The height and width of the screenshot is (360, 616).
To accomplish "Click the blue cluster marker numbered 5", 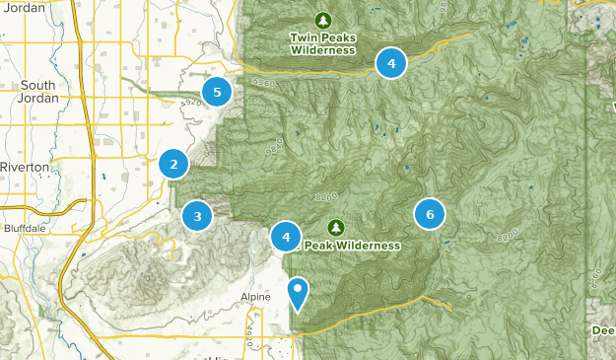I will click(x=217, y=93).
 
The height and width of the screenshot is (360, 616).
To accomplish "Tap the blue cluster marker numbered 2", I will click(x=173, y=165).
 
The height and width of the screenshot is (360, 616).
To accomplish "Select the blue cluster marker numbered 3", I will click(x=197, y=215).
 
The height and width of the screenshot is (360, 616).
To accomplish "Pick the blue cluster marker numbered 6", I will click(x=430, y=214).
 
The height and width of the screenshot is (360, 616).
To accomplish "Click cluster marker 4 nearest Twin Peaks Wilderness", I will click(x=391, y=63).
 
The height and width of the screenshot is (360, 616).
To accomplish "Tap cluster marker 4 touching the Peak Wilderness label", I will click(x=286, y=237).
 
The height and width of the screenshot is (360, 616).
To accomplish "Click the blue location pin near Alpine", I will click(x=298, y=293).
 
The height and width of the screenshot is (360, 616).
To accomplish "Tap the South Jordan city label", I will click(x=38, y=92).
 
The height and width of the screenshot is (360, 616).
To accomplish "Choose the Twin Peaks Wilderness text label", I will click(x=322, y=44).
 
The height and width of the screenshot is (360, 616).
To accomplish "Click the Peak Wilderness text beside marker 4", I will click(x=352, y=245).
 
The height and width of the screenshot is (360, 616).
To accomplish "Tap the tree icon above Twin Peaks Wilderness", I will click(x=322, y=20).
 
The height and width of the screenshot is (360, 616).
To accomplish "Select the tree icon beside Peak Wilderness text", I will click(x=335, y=228).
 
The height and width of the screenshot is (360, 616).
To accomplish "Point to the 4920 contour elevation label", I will click(x=192, y=102).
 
